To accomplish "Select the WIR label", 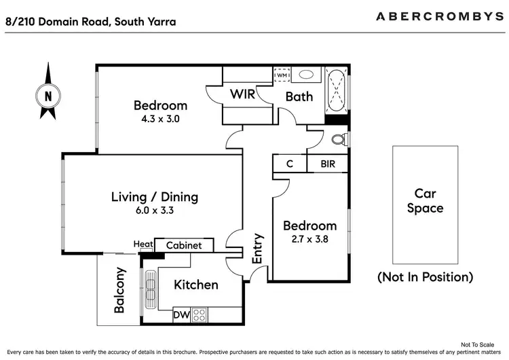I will pos(242,94).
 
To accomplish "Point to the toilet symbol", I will pos(337,140).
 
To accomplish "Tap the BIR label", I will pos(327,164).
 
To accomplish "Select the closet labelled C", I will pos(289,164).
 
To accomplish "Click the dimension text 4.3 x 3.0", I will pos(160,119).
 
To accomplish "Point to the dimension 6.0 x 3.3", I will pos(155,211).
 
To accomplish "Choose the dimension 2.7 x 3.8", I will pos(309,239).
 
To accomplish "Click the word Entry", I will pos(257,249).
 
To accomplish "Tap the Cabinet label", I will pos(184,245).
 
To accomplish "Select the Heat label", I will pos(143,245).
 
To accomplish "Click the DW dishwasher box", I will pos(181,315).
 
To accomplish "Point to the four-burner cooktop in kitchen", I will pos(200,315).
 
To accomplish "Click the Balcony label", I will pos(119,291).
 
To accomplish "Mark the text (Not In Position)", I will pos(425,277).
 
